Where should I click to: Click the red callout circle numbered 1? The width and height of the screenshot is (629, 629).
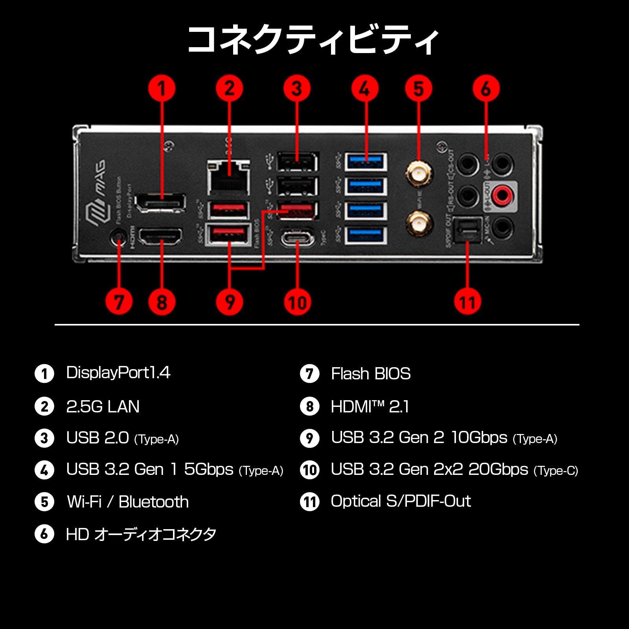(162, 88)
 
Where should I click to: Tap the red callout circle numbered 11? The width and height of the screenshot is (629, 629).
(467, 302)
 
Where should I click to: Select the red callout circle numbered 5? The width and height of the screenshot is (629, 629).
(418, 88)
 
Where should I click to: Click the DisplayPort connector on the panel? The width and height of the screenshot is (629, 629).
(160, 203)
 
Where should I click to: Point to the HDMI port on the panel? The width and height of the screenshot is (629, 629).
(161, 237)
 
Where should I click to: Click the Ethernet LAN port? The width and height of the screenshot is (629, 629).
(228, 177)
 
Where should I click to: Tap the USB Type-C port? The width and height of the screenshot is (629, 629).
(297, 238)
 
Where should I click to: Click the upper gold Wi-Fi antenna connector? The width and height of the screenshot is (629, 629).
(418, 172)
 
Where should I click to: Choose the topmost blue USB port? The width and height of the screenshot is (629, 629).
(366, 162)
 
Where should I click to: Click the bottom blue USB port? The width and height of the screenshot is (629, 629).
(366, 235)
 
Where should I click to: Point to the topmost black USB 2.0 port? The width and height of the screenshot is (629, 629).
(297, 162)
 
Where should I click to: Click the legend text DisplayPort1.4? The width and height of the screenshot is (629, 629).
(118, 373)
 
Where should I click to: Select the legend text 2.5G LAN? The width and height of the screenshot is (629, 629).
(103, 406)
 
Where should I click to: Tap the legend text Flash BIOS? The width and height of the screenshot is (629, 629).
(371, 373)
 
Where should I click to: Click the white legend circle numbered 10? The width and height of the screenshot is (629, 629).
(310, 470)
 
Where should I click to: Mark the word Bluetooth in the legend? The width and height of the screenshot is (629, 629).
(153, 502)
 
